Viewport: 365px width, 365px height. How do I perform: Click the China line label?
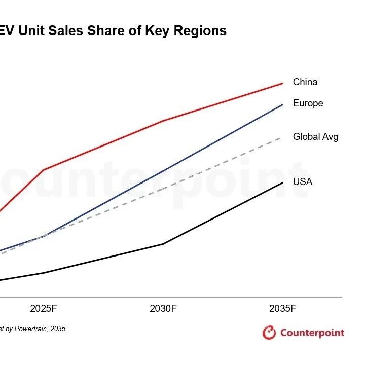tap(305, 82)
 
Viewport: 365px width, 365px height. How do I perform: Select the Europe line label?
tap(308, 103)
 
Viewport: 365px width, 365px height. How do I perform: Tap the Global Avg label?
tap(315, 137)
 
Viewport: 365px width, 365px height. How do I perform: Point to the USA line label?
tap(303, 181)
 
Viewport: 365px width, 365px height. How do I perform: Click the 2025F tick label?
tap(44, 308)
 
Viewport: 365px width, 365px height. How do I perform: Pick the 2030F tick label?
tap(163, 308)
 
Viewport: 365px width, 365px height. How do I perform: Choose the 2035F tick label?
tap(282, 308)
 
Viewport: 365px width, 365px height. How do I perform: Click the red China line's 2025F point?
tap(44, 170)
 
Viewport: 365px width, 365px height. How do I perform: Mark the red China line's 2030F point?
tap(163, 121)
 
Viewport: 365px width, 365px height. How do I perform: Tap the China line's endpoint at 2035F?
tap(282, 83)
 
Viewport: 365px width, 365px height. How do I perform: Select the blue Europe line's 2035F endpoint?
tap(282, 105)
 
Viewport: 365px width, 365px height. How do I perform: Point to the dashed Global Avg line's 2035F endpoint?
tap(282, 136)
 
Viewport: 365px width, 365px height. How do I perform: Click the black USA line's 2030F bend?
tap(163, 244)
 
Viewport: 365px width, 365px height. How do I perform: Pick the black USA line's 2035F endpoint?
tap(282, 182)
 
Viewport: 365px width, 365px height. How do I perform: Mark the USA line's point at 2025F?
tap(44, 273)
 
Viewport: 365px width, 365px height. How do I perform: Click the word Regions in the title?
tap(201, 31)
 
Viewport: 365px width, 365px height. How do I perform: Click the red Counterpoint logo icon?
tap(269, 333)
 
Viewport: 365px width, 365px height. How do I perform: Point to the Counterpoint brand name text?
tap(312, 333)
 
